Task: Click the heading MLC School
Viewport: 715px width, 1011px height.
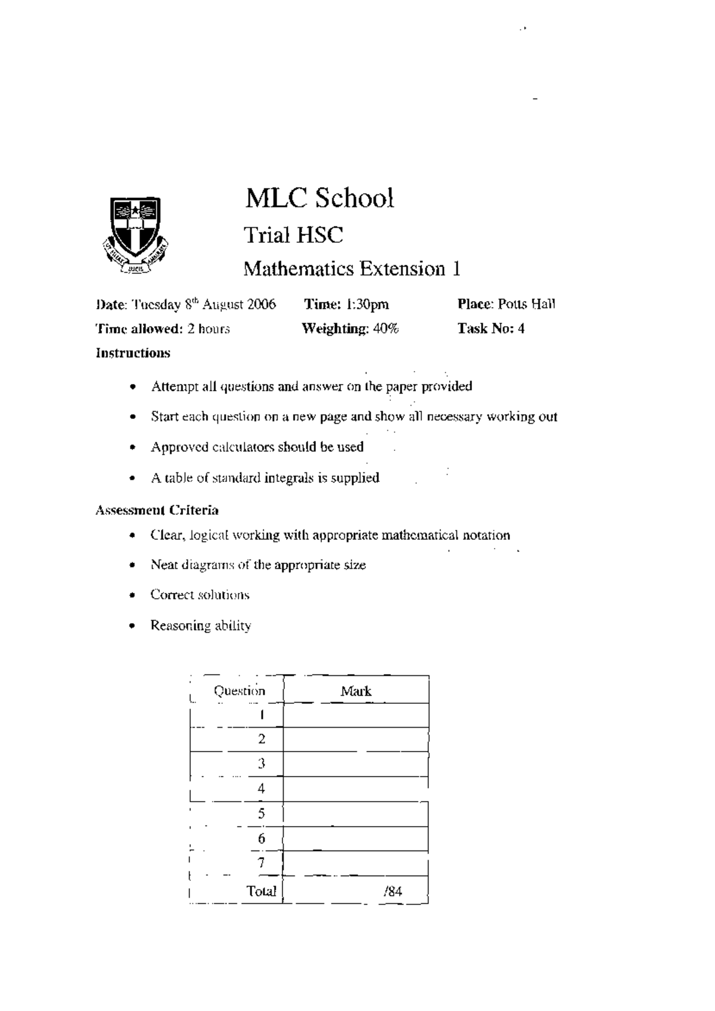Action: [319, 199]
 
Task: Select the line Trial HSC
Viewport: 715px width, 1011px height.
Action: [293, 235]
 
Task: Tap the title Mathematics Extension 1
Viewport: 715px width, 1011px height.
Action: [352, 269]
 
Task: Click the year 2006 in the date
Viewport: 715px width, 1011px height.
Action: [262, 305]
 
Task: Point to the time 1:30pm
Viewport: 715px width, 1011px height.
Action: [368, 305]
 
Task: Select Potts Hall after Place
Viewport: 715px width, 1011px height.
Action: [527, 304]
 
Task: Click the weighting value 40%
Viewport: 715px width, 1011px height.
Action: [386, 329]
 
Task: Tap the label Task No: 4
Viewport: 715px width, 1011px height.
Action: [491, 329]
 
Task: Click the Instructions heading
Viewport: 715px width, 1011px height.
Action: [133, 353]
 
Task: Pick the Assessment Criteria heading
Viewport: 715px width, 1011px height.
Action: [157, 511]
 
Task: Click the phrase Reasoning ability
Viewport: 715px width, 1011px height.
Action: [201, 626]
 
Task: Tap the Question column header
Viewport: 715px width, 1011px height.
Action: [239, 691]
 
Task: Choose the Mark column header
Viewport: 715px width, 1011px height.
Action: [356, 691]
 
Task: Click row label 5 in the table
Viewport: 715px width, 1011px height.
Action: [261, 814]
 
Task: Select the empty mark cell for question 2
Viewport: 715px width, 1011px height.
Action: [356, 740]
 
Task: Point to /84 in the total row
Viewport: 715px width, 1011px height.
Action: [393, 892]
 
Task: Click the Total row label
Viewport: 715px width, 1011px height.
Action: [262, 891]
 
